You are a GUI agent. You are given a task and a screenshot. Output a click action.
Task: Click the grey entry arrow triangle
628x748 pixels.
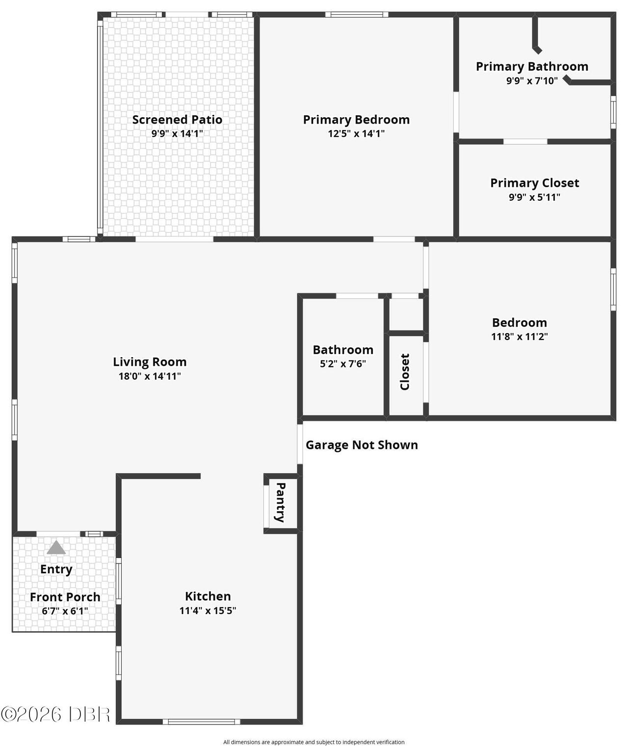(x=56, y=547)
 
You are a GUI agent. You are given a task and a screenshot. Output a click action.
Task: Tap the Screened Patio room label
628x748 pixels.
(x=177, y=119)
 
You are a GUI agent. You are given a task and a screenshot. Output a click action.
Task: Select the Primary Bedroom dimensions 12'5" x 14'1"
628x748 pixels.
(x=356, y=133)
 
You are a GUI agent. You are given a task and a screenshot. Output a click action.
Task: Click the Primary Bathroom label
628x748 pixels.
(x=532, y=67)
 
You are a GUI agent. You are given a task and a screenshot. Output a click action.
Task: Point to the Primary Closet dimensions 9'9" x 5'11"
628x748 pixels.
(x=534, y=197)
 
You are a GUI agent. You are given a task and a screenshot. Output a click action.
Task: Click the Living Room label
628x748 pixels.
(x=150, y=362)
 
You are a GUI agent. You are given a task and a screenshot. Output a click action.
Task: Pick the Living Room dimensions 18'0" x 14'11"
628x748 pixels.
(x=150, y=376)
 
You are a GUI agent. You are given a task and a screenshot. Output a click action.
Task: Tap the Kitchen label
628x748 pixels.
(x=208, y=596)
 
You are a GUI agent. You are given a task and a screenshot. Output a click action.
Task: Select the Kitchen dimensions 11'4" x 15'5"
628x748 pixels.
(x=208, y=611)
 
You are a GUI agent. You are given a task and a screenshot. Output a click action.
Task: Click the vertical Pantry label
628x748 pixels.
(x=280, y=502)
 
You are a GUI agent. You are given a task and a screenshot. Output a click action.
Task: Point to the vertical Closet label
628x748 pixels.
(x=405, y=372)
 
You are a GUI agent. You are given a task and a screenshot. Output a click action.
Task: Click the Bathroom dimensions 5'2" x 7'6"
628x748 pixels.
(x=343, y=364)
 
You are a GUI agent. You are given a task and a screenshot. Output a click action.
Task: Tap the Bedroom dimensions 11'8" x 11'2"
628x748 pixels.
(x=520, y=336)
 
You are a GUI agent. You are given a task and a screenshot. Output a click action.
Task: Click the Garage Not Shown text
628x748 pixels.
(x=362, y=445)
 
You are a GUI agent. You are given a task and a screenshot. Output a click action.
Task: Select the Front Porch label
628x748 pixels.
(x=65, y=597)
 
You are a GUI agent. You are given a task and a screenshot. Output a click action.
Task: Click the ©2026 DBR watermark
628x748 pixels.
(x=55, y=715)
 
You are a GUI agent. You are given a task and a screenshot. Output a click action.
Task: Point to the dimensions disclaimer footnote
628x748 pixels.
(x=314, y=742)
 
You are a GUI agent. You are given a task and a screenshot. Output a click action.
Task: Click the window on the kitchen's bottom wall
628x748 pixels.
(x=202, y=722)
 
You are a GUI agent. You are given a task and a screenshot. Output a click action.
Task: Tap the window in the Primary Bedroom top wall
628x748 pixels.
(x=357, y=15)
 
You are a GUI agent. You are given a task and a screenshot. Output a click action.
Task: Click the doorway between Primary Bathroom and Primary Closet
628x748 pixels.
(x=525, y=141)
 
